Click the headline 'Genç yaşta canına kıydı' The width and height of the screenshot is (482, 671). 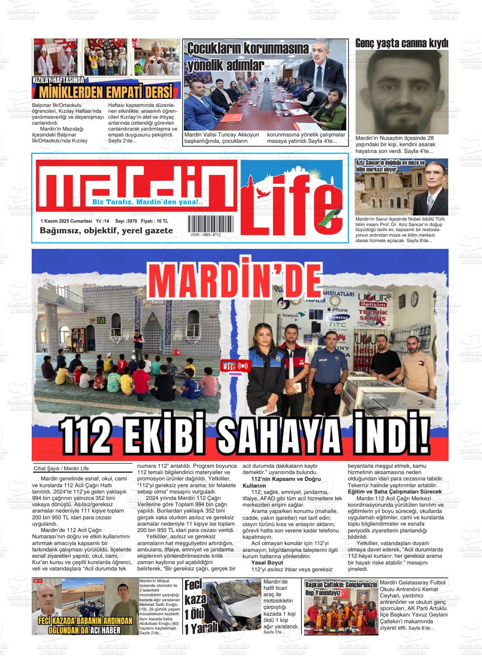tap(401, 43)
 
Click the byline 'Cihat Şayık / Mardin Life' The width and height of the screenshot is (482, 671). tap(61, 468)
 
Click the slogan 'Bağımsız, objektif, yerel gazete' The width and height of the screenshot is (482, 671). tap(106, 231)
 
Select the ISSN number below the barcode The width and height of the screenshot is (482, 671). tap(205, 235)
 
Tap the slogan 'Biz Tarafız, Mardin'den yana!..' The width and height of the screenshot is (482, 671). tap(148, 202)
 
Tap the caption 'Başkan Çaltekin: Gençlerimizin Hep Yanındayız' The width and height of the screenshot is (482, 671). tap(341, 588)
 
